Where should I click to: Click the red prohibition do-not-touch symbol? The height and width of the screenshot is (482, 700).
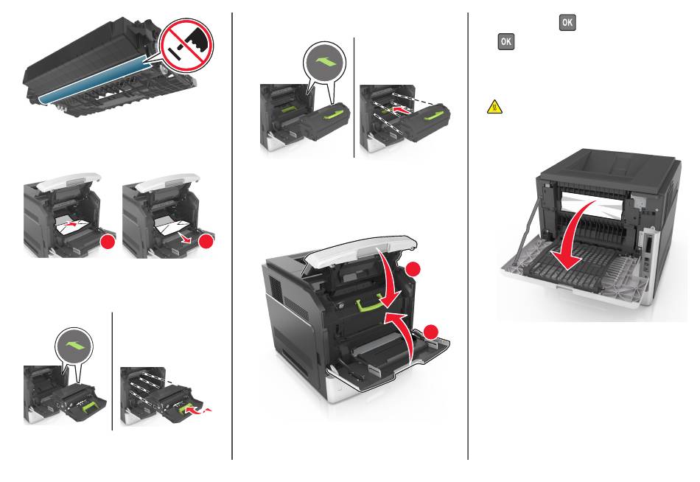point(186,45)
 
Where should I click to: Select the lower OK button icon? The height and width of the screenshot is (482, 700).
point(505,41)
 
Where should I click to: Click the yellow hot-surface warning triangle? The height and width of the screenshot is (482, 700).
point(494,107)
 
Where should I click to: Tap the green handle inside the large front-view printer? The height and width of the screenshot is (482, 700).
point(370,304)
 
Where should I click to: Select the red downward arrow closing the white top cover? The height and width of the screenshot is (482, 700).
point(388,277)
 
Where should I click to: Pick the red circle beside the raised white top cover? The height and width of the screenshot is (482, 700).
point(413,270)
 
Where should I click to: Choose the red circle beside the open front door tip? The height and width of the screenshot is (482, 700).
point(431,332)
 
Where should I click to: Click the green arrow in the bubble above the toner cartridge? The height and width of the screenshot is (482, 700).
point(325,63)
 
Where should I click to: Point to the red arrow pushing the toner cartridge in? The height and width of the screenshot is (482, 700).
point(402,109)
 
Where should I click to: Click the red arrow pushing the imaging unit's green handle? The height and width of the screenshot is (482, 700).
point(197,409)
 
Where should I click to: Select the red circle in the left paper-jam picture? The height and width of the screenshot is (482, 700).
point(108,242)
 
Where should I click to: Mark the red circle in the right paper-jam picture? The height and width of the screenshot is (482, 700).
point(206,242)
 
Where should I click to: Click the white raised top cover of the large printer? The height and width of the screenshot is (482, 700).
point(363,251)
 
